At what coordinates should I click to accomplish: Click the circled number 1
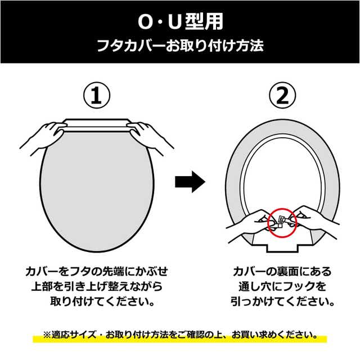coord(97,95)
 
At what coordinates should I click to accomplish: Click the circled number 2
coord(282,95)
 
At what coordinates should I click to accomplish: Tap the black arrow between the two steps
coord(190,182)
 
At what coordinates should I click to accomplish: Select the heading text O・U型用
coord(181,21)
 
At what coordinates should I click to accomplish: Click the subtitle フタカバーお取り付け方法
coord(180,46)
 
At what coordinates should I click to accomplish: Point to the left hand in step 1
coord(44,137)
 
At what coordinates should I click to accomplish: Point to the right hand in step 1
coord(150,137)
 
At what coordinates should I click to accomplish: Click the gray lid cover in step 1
coord(97,193)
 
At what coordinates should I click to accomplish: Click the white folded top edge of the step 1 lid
coord(97,125)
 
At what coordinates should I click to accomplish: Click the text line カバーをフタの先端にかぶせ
coord(97,271)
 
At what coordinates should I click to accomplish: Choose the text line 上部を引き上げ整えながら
coord(97,286)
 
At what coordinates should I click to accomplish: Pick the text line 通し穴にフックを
coord(282,286)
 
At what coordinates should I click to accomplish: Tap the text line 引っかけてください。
coord(282,301)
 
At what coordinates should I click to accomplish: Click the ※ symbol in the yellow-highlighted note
coord(47,335)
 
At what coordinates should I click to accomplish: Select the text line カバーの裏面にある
coord(282,271)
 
